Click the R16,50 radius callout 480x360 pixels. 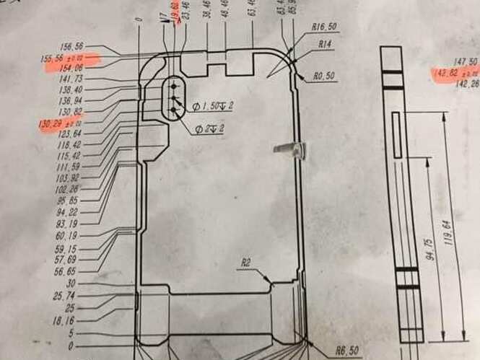(324, 27)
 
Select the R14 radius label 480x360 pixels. (326, 44)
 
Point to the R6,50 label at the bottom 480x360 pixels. (346, 351)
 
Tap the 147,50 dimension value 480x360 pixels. (463, 62)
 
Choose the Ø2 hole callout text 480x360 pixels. (209, 130)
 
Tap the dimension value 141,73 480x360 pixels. (71, 79)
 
